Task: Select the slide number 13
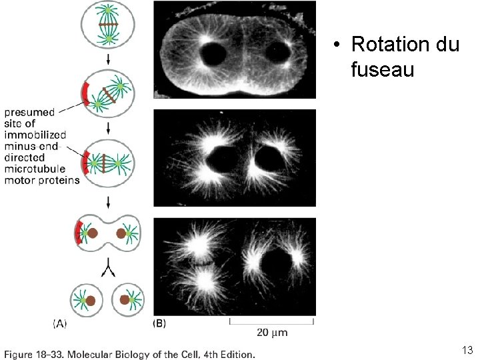point(467,350)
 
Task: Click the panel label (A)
point(60,324)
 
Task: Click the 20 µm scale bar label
point(271,333)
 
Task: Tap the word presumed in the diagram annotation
point(31,113)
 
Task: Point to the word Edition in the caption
point(236,354)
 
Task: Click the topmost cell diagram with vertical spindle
point(107,25)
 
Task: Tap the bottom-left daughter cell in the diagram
point(88,301)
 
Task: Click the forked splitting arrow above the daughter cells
point(107,268)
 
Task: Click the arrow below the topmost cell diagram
point(107,59)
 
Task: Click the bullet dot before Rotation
point(338,45)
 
